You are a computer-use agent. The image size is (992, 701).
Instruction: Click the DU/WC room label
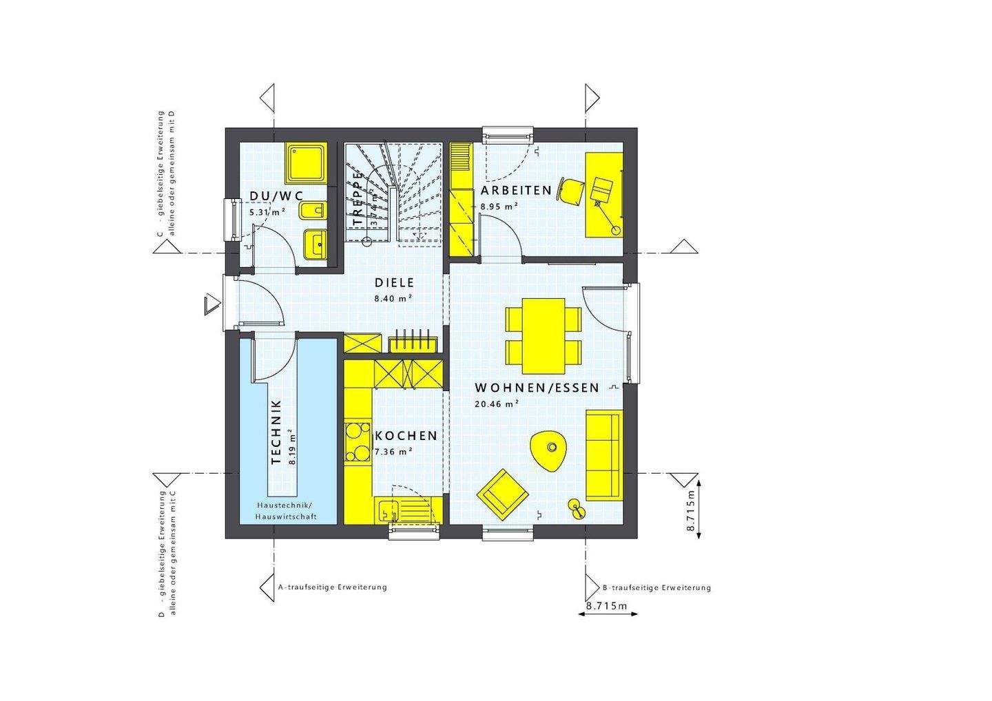pos(276,196)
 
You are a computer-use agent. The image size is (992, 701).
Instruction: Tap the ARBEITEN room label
pos(516,190)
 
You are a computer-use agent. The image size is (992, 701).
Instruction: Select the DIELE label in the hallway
pos(394,282)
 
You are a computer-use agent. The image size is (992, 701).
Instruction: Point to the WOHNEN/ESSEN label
pos(537,388)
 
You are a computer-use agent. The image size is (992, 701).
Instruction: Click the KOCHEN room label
pos(406,436)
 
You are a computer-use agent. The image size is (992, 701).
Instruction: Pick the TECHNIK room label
pos(277,432)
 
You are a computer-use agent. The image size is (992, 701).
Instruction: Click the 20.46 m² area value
pos(496,404)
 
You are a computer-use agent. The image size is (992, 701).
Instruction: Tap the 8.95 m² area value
pos(499,206)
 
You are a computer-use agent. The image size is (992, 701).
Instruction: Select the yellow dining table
pos(544,333)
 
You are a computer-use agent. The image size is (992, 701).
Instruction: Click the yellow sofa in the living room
pos(604,454)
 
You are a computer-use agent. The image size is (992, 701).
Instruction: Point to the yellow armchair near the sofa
pos(503,492)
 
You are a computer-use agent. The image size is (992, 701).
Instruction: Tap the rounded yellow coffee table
pos(549,449)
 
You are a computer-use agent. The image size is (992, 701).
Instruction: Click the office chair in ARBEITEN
pos(571,191)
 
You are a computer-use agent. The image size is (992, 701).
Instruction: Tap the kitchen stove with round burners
pos(357,441)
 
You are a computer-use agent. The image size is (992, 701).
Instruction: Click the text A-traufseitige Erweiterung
pos(332,587)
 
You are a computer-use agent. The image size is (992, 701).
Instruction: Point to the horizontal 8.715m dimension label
pos(607,606)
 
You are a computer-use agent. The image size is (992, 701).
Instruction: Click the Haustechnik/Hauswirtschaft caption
pos(285,511)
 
